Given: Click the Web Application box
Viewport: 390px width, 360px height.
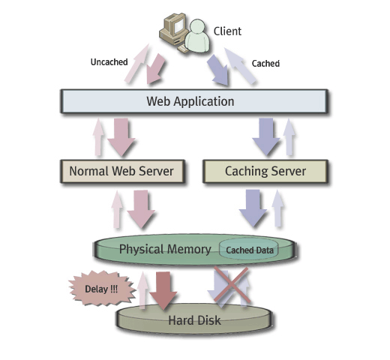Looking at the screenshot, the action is tap(194, 101).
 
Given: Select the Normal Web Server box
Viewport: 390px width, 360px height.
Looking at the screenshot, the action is tap(122, 171).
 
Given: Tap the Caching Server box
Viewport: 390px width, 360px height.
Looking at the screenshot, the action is tap(265, 171).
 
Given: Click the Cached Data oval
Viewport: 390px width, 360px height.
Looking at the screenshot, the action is tap(249, 250).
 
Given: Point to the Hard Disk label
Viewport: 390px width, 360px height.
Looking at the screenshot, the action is tap(194, 320).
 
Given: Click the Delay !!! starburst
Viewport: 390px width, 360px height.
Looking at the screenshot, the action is tap(102, 289).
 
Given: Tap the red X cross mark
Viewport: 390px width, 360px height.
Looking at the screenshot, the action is tap(232, 285).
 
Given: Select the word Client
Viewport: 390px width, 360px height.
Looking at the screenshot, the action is tap(227, 31).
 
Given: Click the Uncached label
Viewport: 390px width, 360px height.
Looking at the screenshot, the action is tap(109, 62).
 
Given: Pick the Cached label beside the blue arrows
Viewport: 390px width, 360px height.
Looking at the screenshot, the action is tap(265, 64).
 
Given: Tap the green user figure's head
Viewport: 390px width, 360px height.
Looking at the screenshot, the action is tap(197, 26).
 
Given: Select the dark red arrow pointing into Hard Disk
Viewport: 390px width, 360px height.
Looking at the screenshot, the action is tap(163, 290).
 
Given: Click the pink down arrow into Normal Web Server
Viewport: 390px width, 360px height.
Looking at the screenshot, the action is tap(121, 137).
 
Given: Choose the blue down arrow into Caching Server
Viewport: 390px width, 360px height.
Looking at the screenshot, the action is tap(266, 137).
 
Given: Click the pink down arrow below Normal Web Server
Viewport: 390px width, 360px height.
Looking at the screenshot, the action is tap(141, 209).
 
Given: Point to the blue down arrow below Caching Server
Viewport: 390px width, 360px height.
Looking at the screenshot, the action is tap(253, 208).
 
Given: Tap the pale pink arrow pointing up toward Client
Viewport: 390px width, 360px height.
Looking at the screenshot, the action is tap(137, 63).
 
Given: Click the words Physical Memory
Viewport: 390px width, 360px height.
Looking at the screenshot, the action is tap(165, 249).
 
